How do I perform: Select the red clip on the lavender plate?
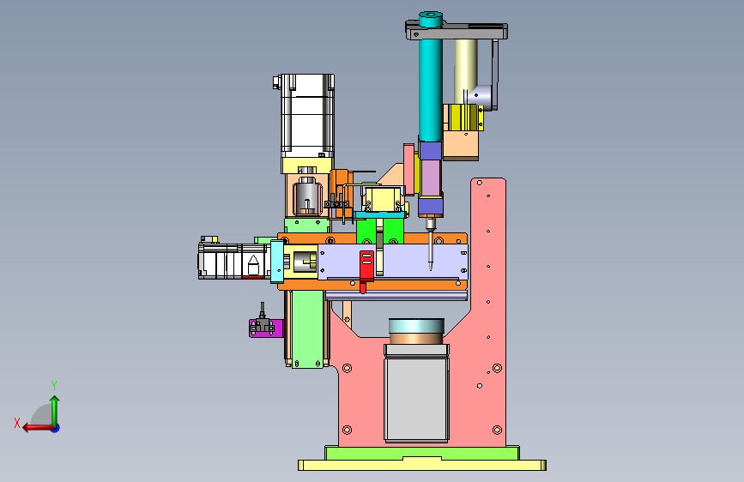pos(366,270)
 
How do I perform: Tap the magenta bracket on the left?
pos(266,328)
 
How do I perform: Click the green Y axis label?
pos(54,385)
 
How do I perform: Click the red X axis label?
pos(17,423)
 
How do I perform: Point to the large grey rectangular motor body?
pos(416,399)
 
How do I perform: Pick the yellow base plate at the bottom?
pos(422,465)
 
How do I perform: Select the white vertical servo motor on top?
pos(307,116)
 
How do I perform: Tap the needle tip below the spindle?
pos(431,268)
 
